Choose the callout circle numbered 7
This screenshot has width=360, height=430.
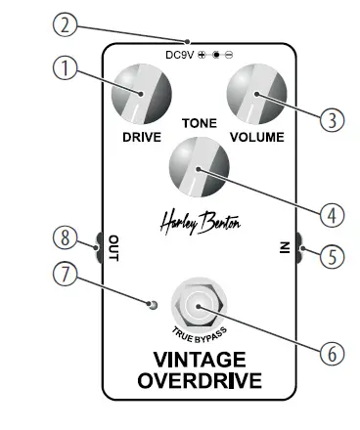[65, 275]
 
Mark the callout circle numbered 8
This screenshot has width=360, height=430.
[65, 237]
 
